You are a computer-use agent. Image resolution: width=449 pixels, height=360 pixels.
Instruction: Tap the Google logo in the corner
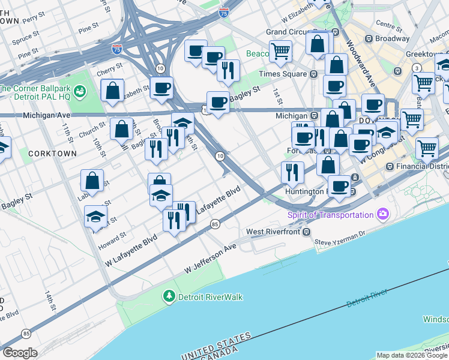tap(20, 353)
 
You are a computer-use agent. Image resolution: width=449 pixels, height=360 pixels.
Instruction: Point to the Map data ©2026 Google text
tap(412, 355)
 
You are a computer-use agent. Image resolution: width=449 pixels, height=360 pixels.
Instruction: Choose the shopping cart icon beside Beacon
tap(280, 52)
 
